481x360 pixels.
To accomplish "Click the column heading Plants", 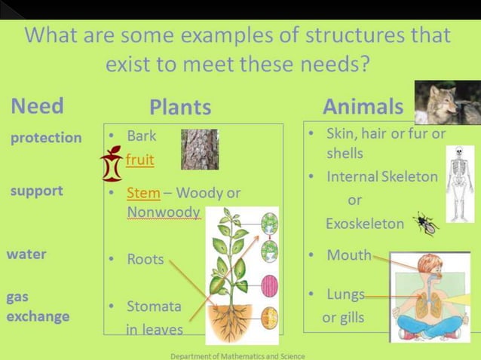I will coord(179,107).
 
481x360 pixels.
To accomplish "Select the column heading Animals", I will coord(363,106).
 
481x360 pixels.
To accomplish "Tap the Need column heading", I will coord(37,105).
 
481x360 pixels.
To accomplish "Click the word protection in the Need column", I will coord(46,138).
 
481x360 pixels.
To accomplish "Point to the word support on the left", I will coord(36,191).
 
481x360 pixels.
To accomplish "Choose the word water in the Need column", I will coord(26,254).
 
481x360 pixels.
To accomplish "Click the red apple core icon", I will coord(112,165).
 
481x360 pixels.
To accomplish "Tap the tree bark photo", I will coord(199,149).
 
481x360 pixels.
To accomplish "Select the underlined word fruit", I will coord(140,160).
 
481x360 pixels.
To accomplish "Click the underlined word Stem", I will coord(143,193).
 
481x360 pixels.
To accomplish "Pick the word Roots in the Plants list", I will coord(146,259).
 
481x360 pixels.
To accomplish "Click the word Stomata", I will coord(155,307).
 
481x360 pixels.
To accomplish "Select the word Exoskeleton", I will coord(365,224).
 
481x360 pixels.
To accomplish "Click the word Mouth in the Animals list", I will coord(349,255).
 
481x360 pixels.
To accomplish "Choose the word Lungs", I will coord(346,294).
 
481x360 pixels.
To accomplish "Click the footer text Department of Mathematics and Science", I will coord(237,355).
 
